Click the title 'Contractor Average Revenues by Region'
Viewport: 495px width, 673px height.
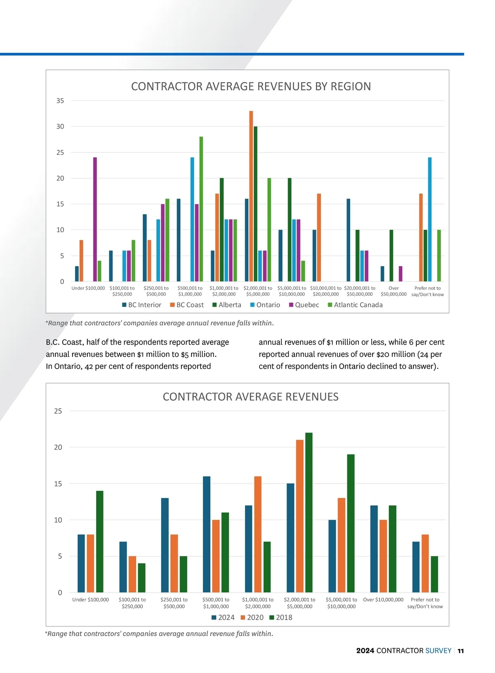(x=251, y=86)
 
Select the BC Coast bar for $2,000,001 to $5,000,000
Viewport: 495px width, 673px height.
(x=251, y=196)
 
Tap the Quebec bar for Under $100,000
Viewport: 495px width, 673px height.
(x=95, y=219)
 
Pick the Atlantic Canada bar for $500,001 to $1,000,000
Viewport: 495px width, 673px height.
(x=201, y=209)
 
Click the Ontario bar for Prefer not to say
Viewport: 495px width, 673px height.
(x=430, y=219)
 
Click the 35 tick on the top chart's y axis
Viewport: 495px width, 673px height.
(x=60, y=101)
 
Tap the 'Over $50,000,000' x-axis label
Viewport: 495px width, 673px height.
(x=394, y=291)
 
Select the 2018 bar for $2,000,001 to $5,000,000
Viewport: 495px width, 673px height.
(x=309, y=512)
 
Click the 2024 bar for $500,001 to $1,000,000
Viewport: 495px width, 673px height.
(x=207, y=534)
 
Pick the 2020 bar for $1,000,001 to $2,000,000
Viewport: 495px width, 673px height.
(x=258, y=534)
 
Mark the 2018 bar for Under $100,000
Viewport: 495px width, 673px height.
(x=100, y=541)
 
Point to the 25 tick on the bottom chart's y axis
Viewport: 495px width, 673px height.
(x=58, y=411)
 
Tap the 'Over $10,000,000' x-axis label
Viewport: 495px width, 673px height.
(x=383, y=600)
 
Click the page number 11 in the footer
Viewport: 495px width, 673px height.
(x=461, y=651)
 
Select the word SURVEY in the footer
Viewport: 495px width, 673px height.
(x=438, y=651)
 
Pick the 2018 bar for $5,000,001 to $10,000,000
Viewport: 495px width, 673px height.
(x=351, y=523)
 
